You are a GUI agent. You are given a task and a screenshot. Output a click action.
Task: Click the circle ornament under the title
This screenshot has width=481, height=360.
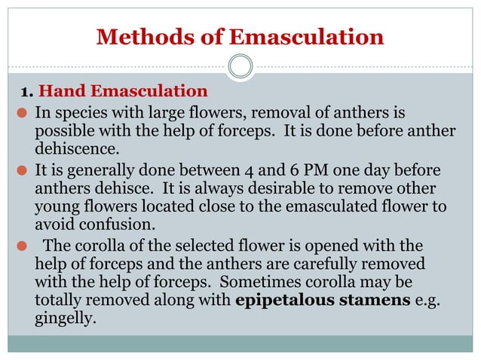pyautogui.click(x=240, y=67)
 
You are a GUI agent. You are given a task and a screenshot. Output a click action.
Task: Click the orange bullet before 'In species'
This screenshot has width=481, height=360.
pyautogui.click(x=23, y=114)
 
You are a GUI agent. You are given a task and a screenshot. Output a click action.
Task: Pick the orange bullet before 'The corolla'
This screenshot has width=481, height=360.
pyautogui.click(x=23, y=247)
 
